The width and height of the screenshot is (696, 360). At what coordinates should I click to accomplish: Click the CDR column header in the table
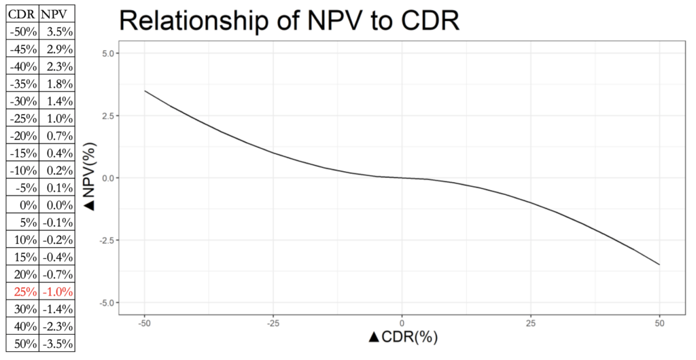click(x=20, y=14)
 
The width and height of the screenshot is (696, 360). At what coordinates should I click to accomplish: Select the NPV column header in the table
click(x=56, y=14)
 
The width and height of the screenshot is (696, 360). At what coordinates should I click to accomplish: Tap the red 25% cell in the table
click(x=20, y=292)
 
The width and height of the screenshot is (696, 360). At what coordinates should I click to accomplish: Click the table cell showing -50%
click(x=20, y=31)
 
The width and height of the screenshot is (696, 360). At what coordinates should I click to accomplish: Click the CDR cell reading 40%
click(x=20, y=327)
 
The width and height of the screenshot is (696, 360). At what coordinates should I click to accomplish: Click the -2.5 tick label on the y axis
click(x=107, y=240)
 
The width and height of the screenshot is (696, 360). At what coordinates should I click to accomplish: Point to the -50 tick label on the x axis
click(x=144, y=321)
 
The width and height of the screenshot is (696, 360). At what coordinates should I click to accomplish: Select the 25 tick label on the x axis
click(x=531, y=321)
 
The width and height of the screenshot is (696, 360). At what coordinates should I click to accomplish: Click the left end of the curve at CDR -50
click(x=145, y=91)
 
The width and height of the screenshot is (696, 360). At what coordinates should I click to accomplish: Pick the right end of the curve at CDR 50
click(x=659, y=264)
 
